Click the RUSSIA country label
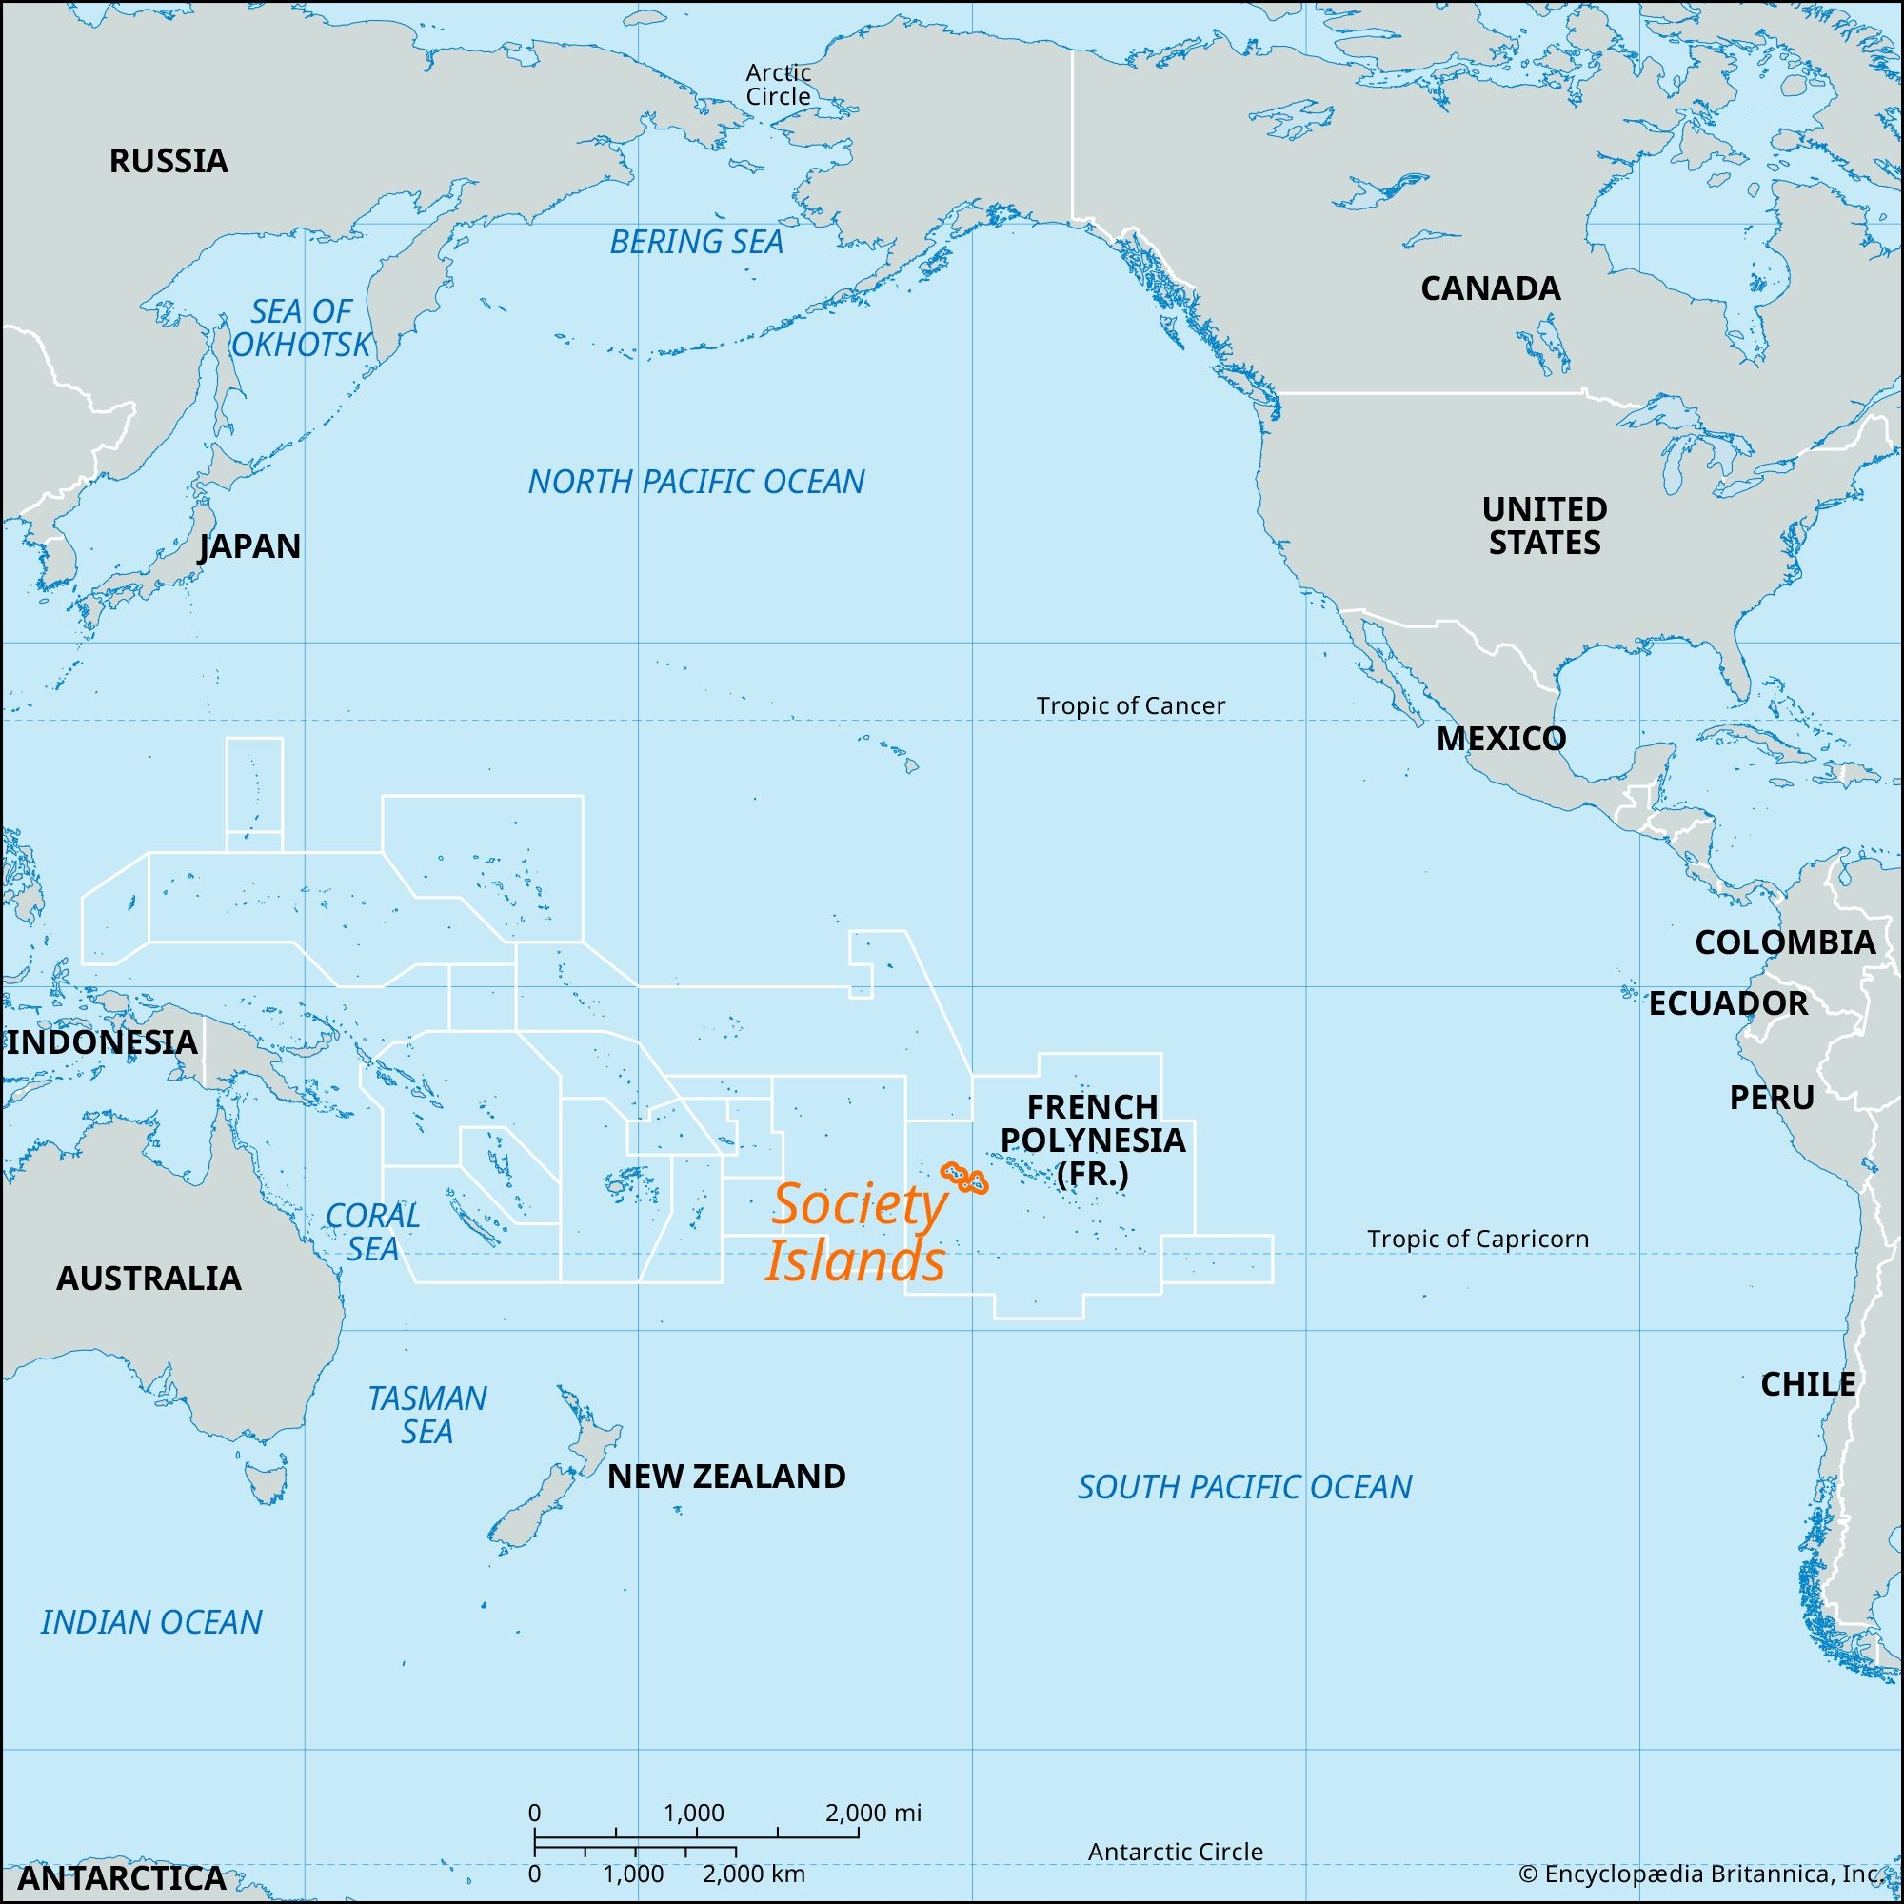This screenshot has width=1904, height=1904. point(169,161)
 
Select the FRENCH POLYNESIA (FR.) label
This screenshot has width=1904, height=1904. point(1092,1140)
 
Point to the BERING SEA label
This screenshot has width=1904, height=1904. point(696,243)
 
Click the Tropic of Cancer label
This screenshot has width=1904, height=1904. point(1130,705)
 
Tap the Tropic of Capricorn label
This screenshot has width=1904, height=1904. point(1478,1239)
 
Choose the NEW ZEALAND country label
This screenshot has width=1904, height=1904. point(726,1477)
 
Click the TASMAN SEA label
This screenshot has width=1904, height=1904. point(426,1415)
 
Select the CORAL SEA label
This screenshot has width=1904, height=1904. point(372,1232)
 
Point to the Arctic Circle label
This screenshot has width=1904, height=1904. point(778,85)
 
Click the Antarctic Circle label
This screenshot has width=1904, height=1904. point(1175,1852)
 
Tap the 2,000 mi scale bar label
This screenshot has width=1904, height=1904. point(873,1813)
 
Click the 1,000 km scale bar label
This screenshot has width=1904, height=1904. point(633,1874)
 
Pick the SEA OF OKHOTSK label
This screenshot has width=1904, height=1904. point(301,328)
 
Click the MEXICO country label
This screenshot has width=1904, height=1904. point(1500,739)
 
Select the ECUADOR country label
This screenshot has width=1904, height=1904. point(1728,1003)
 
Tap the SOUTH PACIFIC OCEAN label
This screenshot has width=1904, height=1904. point(1243,1487)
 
